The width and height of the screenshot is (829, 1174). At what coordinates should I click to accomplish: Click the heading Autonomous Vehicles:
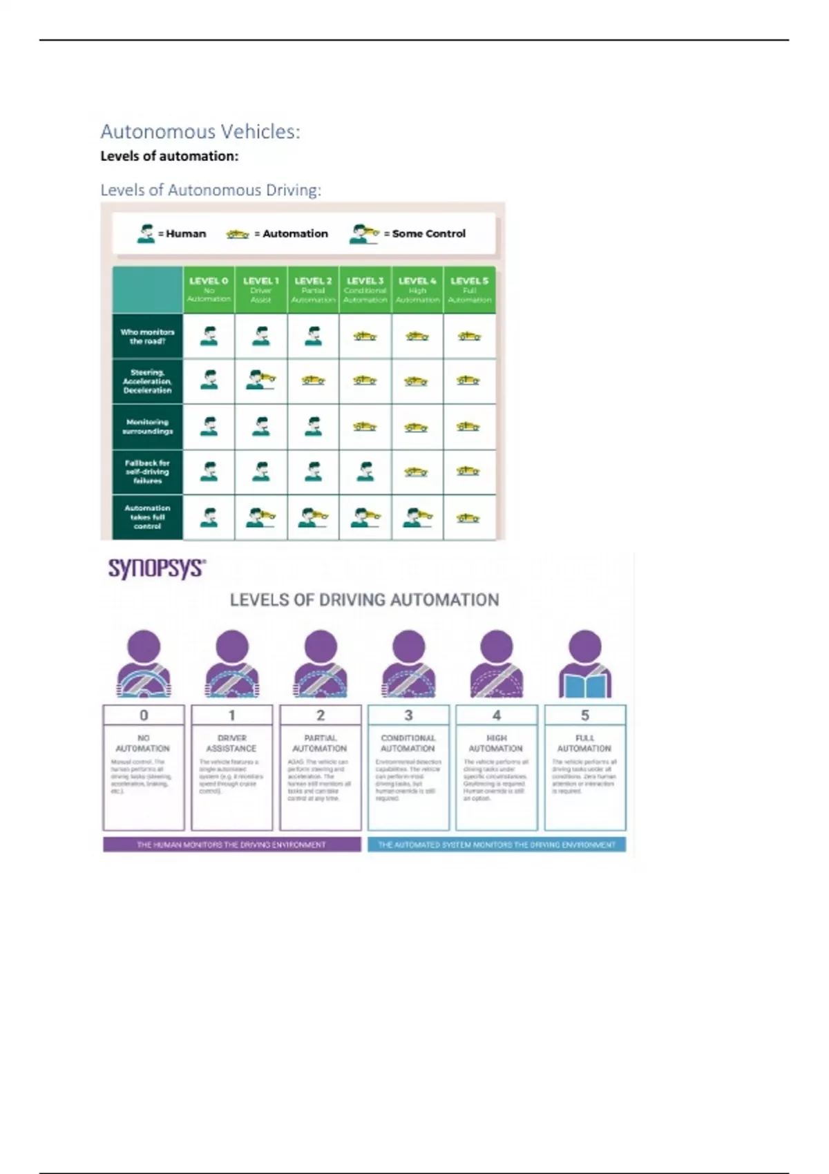(200, 131)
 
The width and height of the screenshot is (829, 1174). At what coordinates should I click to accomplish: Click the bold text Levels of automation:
(169, 156)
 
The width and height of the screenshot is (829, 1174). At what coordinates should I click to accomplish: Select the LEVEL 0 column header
(209, 289)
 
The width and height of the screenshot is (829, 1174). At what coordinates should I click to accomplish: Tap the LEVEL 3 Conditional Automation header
(365, 289)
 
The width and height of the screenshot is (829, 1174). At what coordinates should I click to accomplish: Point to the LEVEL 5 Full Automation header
(469, 289)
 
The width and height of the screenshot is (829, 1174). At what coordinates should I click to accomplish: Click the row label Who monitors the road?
(147, 336)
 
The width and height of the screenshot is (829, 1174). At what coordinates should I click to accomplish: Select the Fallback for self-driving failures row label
(147, 472)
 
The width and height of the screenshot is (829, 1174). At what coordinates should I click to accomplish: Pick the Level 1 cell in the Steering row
(261, 381)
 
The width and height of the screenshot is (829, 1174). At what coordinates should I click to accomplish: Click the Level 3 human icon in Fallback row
(365, 472)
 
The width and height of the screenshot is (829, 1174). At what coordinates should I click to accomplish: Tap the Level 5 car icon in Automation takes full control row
(468, 517)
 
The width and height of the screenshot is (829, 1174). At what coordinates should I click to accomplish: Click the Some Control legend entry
(408, 233)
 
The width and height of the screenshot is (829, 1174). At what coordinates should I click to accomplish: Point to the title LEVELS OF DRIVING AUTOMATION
(364, 599)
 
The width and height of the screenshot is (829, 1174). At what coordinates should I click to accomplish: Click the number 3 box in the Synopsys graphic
(408, 715)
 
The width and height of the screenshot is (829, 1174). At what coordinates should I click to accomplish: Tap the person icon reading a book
(584, 664)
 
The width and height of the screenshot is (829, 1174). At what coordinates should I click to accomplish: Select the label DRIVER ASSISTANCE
(231, 743)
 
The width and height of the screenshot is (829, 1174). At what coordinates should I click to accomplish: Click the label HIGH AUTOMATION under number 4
(496, 743)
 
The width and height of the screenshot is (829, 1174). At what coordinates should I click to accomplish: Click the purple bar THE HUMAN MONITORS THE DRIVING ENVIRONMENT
(231, 845)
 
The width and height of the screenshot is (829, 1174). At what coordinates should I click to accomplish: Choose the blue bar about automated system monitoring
(496, 845)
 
